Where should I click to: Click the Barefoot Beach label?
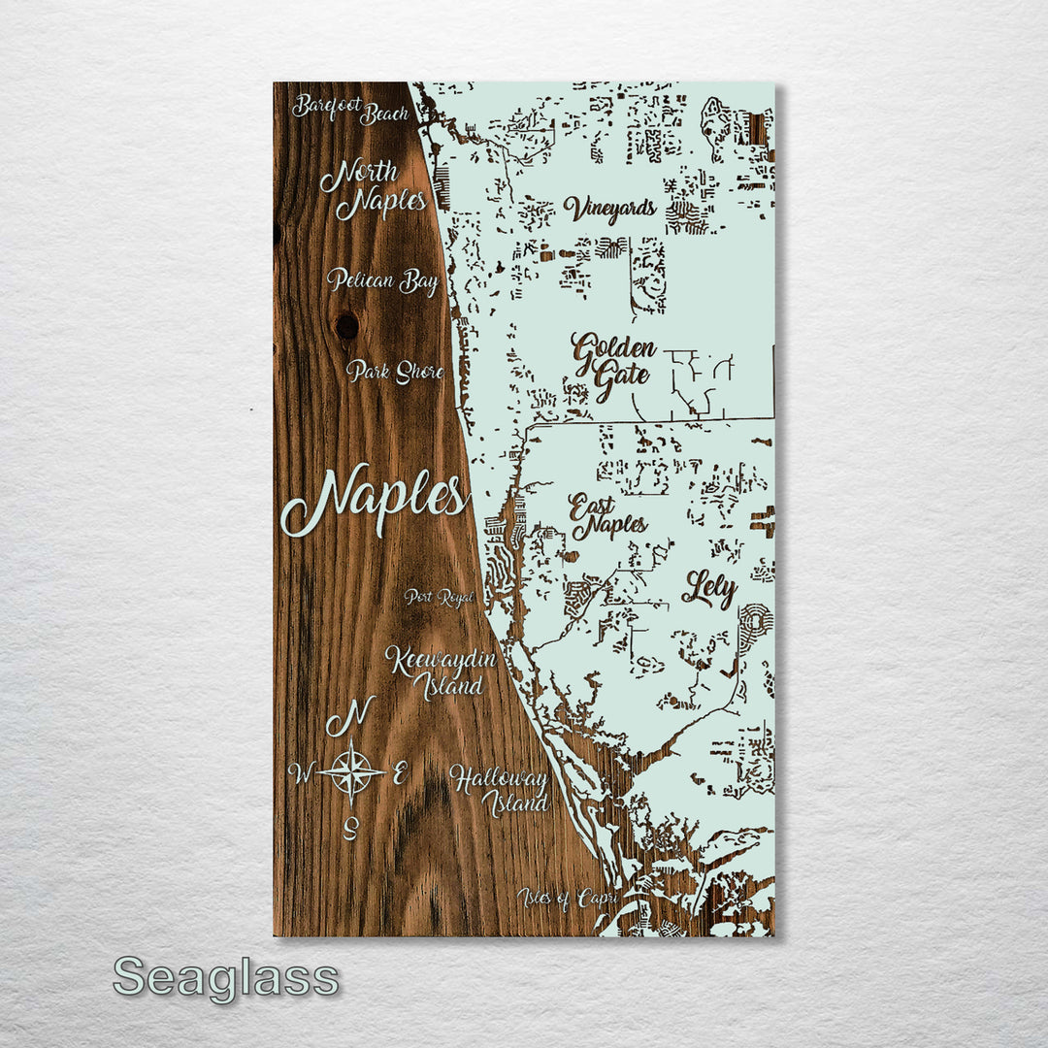tap(350, 110)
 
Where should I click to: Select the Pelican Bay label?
tap(382, 281)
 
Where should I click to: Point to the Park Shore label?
tap(395, 372)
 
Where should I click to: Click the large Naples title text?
tap(375, 500)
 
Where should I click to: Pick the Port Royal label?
tap(440, 598)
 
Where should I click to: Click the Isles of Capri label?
tap(568, 899)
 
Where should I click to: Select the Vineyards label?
tap(610, 209)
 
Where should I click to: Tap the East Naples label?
tap(607, 517)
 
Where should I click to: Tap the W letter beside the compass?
tap(302, 773)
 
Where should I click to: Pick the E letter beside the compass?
tap(399, 773)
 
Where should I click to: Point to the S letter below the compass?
tap(352, 827)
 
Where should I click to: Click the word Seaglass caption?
tap(226, 978)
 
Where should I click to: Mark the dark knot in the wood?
tap(346, 325)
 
